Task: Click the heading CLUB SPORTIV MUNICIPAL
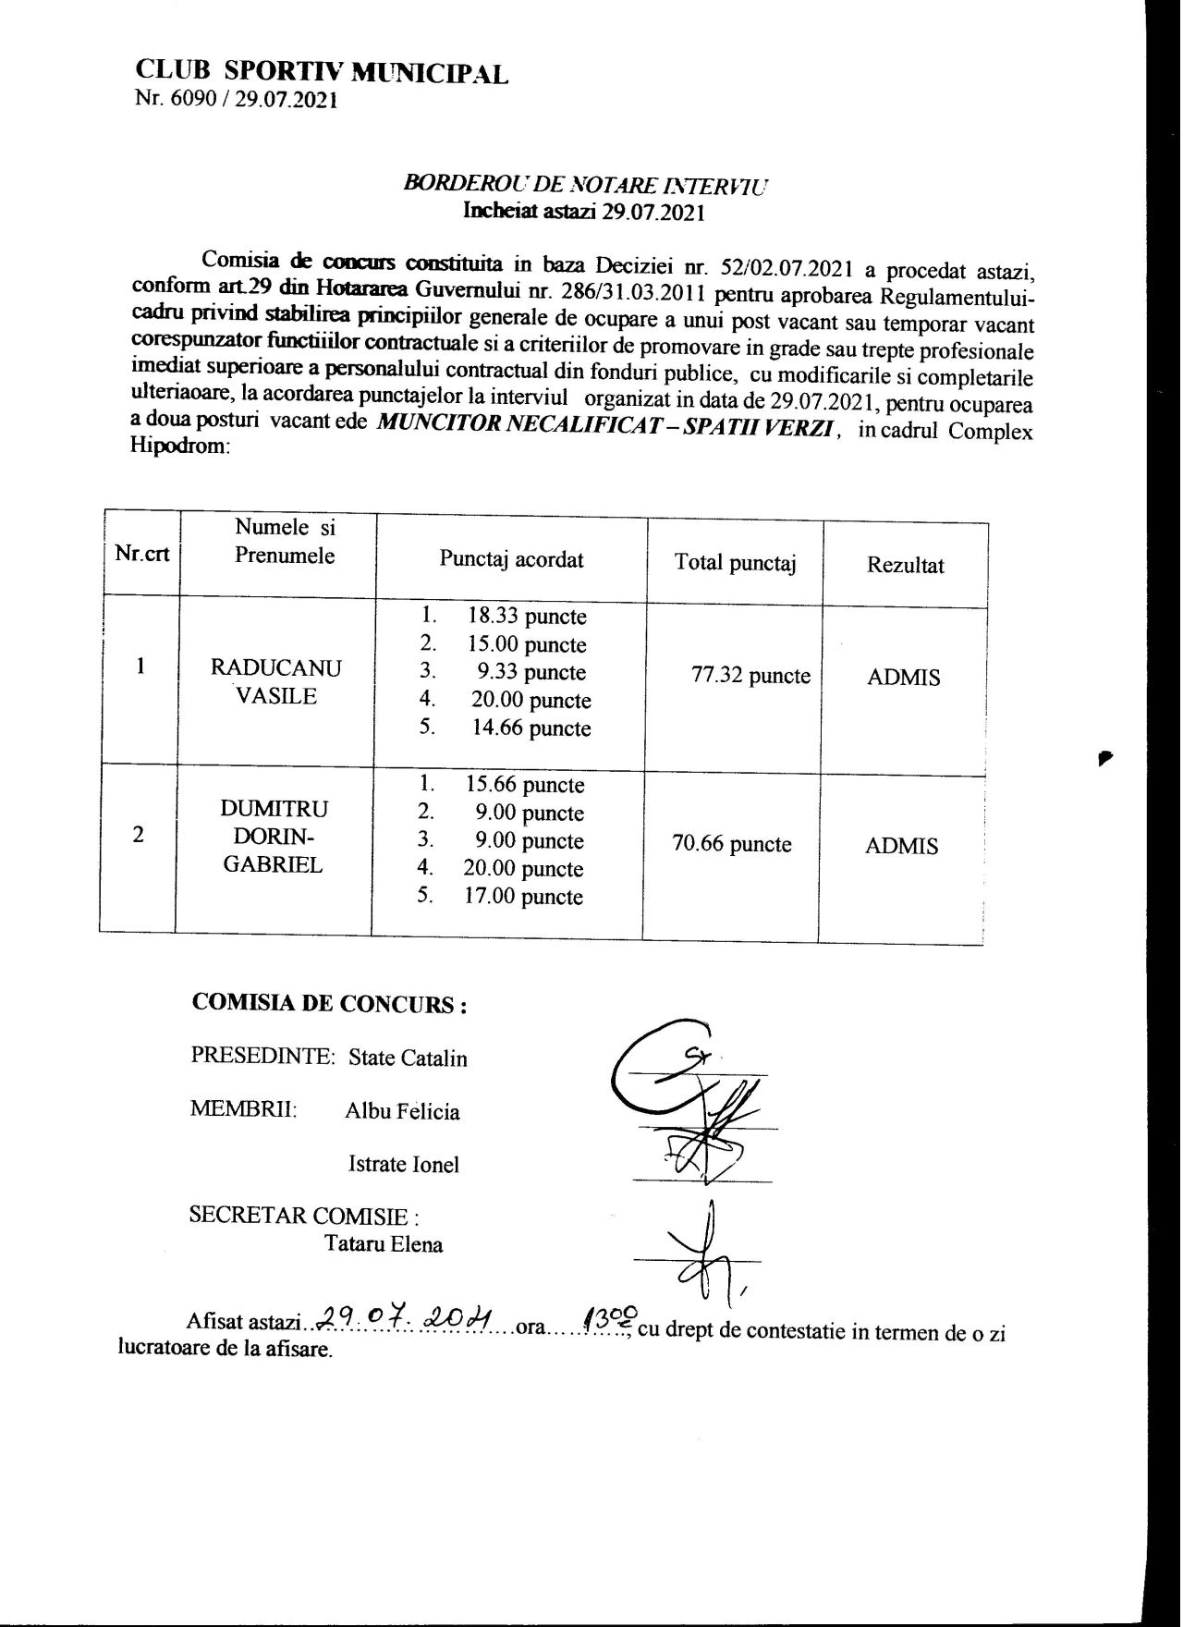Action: (x=322, y=72)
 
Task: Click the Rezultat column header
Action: (x=905, y=565)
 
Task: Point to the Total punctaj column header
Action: (x=736, y=562)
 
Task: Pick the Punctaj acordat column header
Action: (x=511, y=559)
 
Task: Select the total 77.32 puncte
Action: (x=750, y=676)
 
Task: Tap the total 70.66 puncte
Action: (x=732, y=844)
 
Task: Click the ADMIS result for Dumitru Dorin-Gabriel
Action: (x=901, y=846)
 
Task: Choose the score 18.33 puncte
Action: (x=528, y=617)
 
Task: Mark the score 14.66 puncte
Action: (x=531, y=728)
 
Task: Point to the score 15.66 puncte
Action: (x=525, y=785)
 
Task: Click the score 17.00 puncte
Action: (x=523, y=897)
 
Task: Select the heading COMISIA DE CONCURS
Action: (x=328, y=1004)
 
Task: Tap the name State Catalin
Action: (x=408, y=1058)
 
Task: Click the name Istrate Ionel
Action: (x=403, y=1165)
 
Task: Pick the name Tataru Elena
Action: (x=384, y=1244)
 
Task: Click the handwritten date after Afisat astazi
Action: (x=406, y=1315)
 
